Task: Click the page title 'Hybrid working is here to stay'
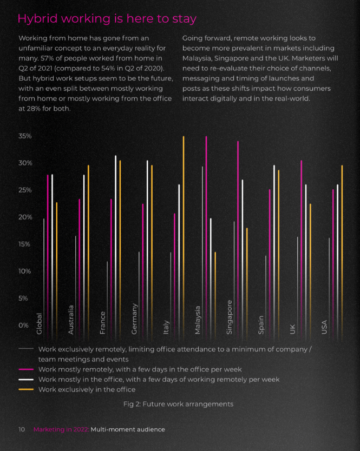pyautogui.click(x=107, y=19)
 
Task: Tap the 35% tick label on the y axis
pyautogui.click(x=25, y=136)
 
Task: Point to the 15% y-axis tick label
pyautogui.click(x=24, y=244)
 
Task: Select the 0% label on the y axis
pyautogui.click(x=24, y=326)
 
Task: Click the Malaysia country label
pyautogui.click(x=197, y=320)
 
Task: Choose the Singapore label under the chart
pyautogui.click(x=229, y=317)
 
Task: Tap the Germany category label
pyautogui.click(x=134, y=319)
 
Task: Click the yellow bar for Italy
pyautogui.click(x=184, y=238)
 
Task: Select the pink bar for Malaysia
pyautogui.click(x=206, y=238)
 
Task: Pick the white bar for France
pyautogui.click(x=116, y=248)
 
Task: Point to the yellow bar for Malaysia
pyautogui.click(x=215, y=296)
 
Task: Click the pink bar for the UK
pyautogui.click(x=302, y=250)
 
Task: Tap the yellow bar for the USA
pyautogui.click(x=342, y=253)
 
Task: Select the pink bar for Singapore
pyautogui.click(x=238, y=241)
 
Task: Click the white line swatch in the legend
pyautogui.click(x=26, y=380)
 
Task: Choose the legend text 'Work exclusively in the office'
pyautogui.click(x=87, y=389)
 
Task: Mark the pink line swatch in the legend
pyautogui.click(x=26, y=369)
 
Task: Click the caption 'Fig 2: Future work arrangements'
pyautogui.click(x=178, y=404)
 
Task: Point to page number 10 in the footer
pyautogui.click(x=22, y=429)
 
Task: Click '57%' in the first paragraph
pyautogui.click(x=47, y=58)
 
